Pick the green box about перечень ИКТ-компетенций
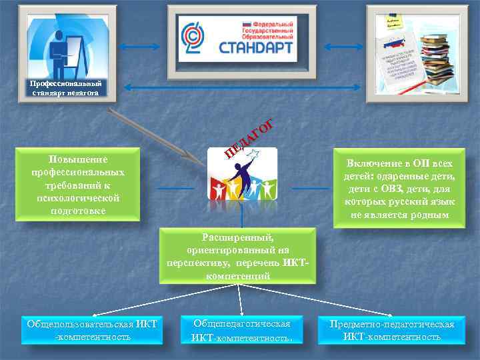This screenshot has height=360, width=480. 239,256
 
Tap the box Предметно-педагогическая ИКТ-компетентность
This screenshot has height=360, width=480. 392,330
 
